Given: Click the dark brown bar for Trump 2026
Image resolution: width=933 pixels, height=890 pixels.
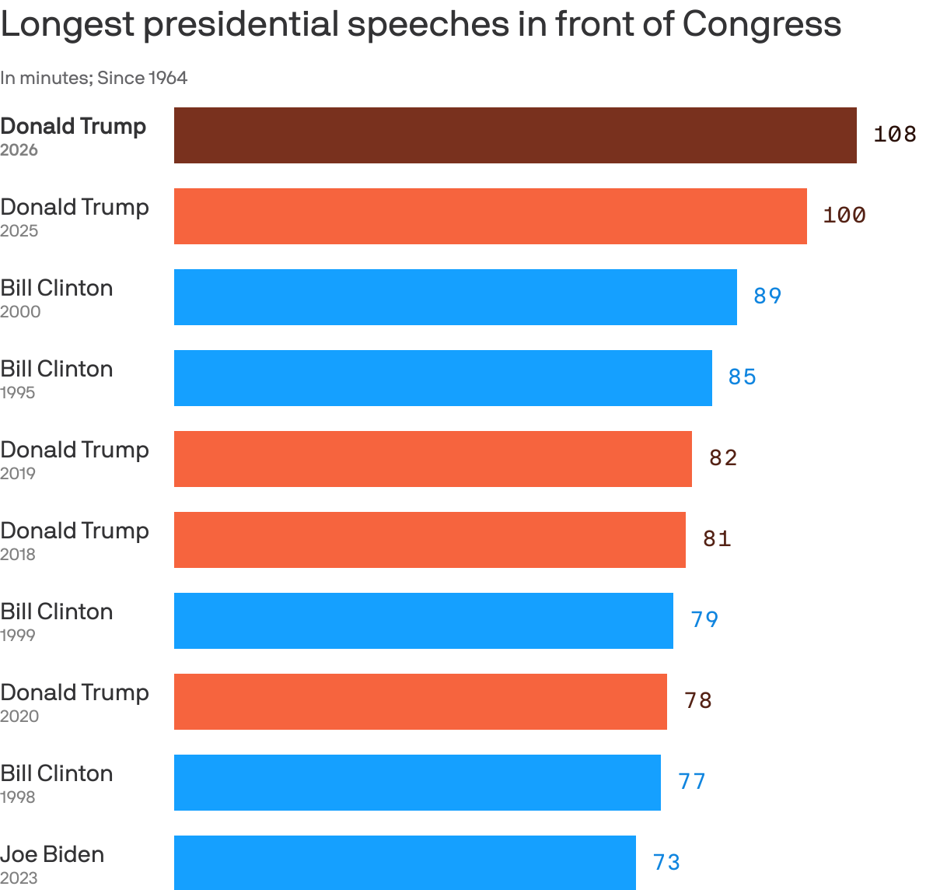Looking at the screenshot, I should [515, 135].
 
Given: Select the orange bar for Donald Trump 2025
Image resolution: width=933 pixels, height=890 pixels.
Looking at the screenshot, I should [490, 216].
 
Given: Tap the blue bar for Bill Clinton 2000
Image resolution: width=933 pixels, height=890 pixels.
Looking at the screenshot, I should [455, 297].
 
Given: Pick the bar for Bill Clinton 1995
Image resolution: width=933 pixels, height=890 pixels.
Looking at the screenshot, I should [442, 378].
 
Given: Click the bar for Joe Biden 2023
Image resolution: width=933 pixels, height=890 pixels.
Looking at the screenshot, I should [404, 862].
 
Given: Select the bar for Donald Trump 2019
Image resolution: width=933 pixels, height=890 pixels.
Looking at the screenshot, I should [432, 459].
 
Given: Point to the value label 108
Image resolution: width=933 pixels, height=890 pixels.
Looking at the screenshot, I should [894, 135].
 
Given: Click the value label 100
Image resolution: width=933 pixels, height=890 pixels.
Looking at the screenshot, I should [844, 215].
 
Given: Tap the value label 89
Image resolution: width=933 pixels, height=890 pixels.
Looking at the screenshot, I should [767, 296].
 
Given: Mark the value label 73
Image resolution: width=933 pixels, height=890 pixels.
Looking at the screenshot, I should [666, 863].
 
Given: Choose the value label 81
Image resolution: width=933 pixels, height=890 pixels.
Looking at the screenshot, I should [717, 539].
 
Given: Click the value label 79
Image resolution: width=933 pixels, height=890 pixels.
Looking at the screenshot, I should [704, 620].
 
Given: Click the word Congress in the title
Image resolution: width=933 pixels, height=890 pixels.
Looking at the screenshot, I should [761, 24].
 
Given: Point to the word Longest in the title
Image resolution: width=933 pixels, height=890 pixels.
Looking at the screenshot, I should [68, 24].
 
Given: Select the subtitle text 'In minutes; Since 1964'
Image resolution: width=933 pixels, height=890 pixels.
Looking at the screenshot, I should [93, 78].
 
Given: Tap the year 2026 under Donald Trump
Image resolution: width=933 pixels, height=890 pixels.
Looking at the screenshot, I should [19, 150].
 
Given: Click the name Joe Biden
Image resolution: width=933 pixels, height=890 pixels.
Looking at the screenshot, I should [52, 854].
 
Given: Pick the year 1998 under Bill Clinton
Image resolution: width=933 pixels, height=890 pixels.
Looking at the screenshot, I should [18, 797].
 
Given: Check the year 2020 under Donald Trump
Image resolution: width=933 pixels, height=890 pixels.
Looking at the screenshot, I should [19, 717].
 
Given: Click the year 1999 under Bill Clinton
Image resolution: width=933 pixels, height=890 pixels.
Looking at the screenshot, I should [18, 636].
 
